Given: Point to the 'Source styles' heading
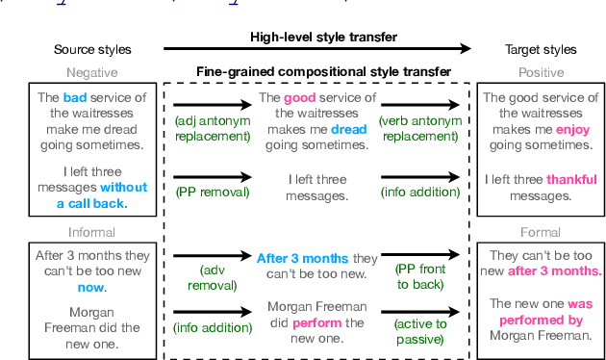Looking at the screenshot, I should [92, 49].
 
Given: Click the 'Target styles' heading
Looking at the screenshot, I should [541, 49].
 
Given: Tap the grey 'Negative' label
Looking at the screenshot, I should [92, 72].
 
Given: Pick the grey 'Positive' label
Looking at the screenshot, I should [541, 72].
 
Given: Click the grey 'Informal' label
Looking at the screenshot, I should [92, 232].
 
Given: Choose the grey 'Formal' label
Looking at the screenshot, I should [541, 232].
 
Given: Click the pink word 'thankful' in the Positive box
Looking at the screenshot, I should [571, 179].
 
